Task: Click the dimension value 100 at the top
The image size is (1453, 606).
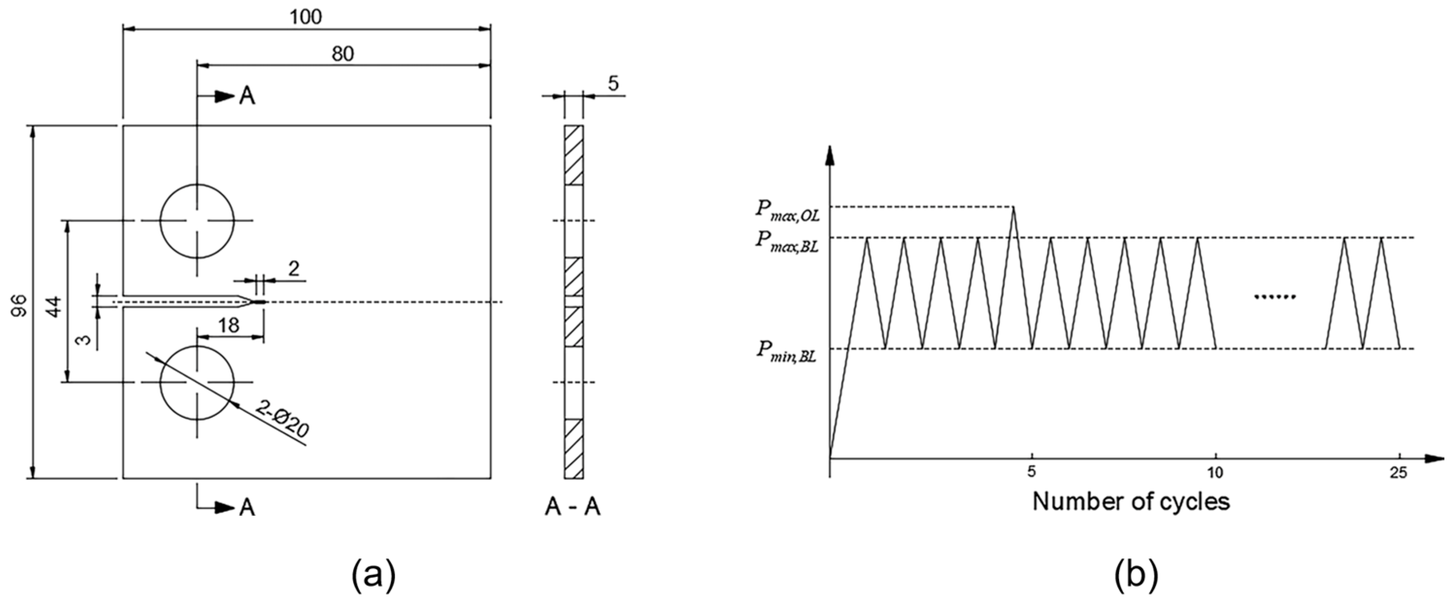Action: coord(306,17)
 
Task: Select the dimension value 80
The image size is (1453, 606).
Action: coord(342,54)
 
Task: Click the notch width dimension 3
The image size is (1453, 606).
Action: coord(84,341)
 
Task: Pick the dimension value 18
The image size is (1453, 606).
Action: coord(229,325)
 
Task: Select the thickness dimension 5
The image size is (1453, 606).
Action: coord(613,83)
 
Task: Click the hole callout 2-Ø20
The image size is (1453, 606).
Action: coord(282,419)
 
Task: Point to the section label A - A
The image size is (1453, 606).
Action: coord(572,508)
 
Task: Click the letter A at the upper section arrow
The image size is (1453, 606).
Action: coord(247,97)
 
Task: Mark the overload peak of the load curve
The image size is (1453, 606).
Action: coord(1013,208)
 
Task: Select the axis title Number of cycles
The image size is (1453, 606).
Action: coord(1131,501)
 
